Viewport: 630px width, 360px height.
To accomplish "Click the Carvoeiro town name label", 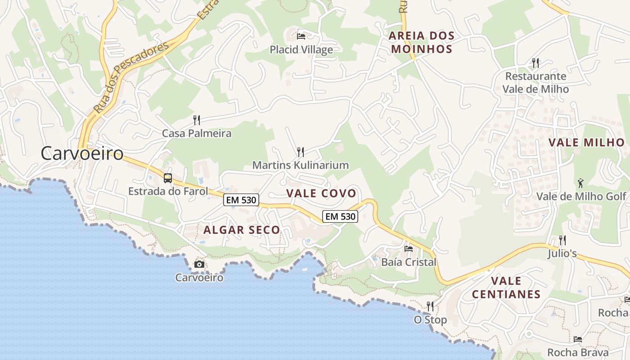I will (82, 153).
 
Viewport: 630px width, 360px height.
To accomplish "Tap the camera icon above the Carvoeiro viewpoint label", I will (199, 264).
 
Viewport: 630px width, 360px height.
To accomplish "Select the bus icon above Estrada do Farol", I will (168, 178).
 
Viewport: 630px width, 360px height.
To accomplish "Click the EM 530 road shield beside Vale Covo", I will (340, 216).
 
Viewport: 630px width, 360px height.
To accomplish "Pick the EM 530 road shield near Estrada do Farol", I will (241, 200).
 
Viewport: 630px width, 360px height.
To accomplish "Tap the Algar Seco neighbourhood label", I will (242, 230).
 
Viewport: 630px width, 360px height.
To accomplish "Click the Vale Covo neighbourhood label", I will (321, 193).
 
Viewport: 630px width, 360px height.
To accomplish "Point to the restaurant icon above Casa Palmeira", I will (197, 120).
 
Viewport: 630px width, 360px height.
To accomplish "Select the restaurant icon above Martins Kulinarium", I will (301, 152).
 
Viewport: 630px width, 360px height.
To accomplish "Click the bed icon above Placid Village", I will (301, 36).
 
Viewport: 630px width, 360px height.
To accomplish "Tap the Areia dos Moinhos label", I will (421, 42).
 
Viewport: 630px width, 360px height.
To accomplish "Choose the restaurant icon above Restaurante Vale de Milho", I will (535, 63).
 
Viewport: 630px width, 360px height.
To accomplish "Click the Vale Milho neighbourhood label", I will (587, 143).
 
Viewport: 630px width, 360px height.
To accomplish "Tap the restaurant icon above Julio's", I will (562, 240).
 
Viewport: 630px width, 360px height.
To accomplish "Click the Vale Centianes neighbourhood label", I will (506, 288).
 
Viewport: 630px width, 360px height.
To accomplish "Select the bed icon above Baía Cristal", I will (409, 248).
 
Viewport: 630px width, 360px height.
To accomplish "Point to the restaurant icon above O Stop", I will (430, 306).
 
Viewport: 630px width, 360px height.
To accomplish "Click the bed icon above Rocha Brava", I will (578, 339).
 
